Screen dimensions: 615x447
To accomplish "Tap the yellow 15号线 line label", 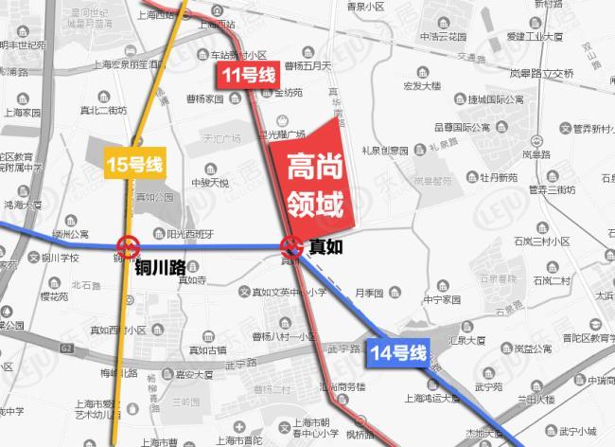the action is click(x=133, y=165).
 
